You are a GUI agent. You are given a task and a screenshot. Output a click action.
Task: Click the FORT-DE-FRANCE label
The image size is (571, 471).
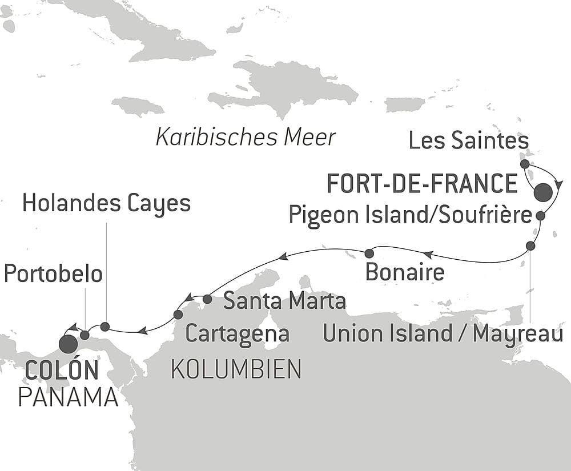(421, 184)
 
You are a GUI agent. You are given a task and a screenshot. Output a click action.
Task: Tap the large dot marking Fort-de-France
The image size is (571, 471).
(543, 192)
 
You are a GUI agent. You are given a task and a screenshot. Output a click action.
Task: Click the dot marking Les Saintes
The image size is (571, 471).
(525, 164)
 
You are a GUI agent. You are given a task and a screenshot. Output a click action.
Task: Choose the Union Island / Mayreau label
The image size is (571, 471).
(443, 334)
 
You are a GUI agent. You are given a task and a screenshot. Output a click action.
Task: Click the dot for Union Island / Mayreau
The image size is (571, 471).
(530, 246)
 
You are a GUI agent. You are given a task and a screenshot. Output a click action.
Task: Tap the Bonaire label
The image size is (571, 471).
(404, 272)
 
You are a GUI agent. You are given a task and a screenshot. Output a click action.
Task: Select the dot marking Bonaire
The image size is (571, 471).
(369, 253)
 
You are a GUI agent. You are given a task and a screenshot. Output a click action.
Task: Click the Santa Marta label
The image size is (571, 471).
(284, 301)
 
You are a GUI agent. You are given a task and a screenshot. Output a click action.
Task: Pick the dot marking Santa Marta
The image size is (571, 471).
(207, 299)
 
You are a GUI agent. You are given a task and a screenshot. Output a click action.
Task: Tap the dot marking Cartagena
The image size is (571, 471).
(178, 315)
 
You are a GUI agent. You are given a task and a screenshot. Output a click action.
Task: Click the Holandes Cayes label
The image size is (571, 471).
(106, 204)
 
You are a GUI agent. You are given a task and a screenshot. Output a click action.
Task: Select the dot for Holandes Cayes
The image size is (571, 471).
(105, 327)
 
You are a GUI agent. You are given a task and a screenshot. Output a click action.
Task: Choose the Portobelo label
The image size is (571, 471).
(53, 273)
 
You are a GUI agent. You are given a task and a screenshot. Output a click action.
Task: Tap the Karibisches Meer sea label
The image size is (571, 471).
(246, 138)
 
